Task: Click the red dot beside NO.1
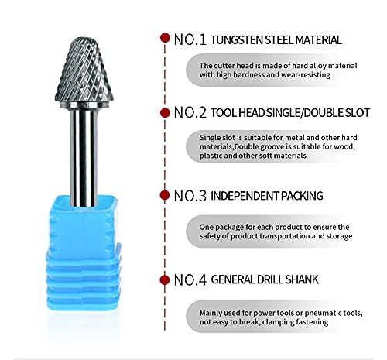point(165,38)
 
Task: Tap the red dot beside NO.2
point(165,113)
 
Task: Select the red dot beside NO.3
point(165,195)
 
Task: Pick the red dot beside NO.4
point(165,280)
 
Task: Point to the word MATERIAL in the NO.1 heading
point(318,40)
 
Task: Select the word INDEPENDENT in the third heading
point(245,196)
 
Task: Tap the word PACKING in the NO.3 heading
point(302,196)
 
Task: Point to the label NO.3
point(190,196)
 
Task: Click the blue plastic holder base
point(83,253)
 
